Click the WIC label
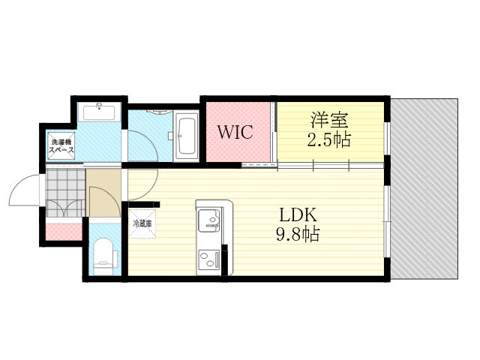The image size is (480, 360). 235,132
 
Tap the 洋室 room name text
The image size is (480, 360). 329,120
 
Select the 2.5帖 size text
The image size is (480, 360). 328,140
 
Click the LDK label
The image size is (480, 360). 298,215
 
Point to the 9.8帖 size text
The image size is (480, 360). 298,235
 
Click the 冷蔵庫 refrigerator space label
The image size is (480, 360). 142,223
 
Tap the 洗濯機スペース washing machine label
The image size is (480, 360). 61,146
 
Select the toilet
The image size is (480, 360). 103,256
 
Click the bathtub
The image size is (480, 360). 186,136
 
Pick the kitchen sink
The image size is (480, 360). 208,220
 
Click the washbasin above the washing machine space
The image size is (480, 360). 99,112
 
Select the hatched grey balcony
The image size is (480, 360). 424,188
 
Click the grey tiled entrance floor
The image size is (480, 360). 65,193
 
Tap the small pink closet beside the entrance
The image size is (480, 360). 64,232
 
